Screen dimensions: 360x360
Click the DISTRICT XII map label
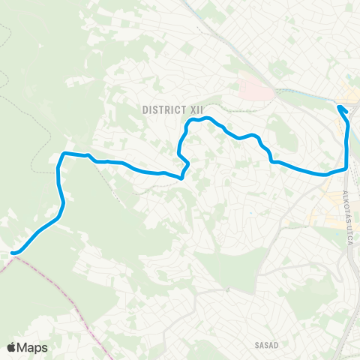[x=172, y=109]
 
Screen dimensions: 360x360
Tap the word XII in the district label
[x=196, y=109]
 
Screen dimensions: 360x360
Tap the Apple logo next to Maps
[x=12, y=347]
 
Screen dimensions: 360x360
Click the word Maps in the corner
[x=34, y=347]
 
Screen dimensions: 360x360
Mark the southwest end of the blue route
[x=13, y=253]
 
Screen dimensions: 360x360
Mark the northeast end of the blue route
[x=340, y=107]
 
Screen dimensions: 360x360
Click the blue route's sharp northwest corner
[x=61, y=154]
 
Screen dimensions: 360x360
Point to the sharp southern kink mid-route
[x=182, y=177]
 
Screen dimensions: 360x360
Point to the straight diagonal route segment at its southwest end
[x=34, y=237]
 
